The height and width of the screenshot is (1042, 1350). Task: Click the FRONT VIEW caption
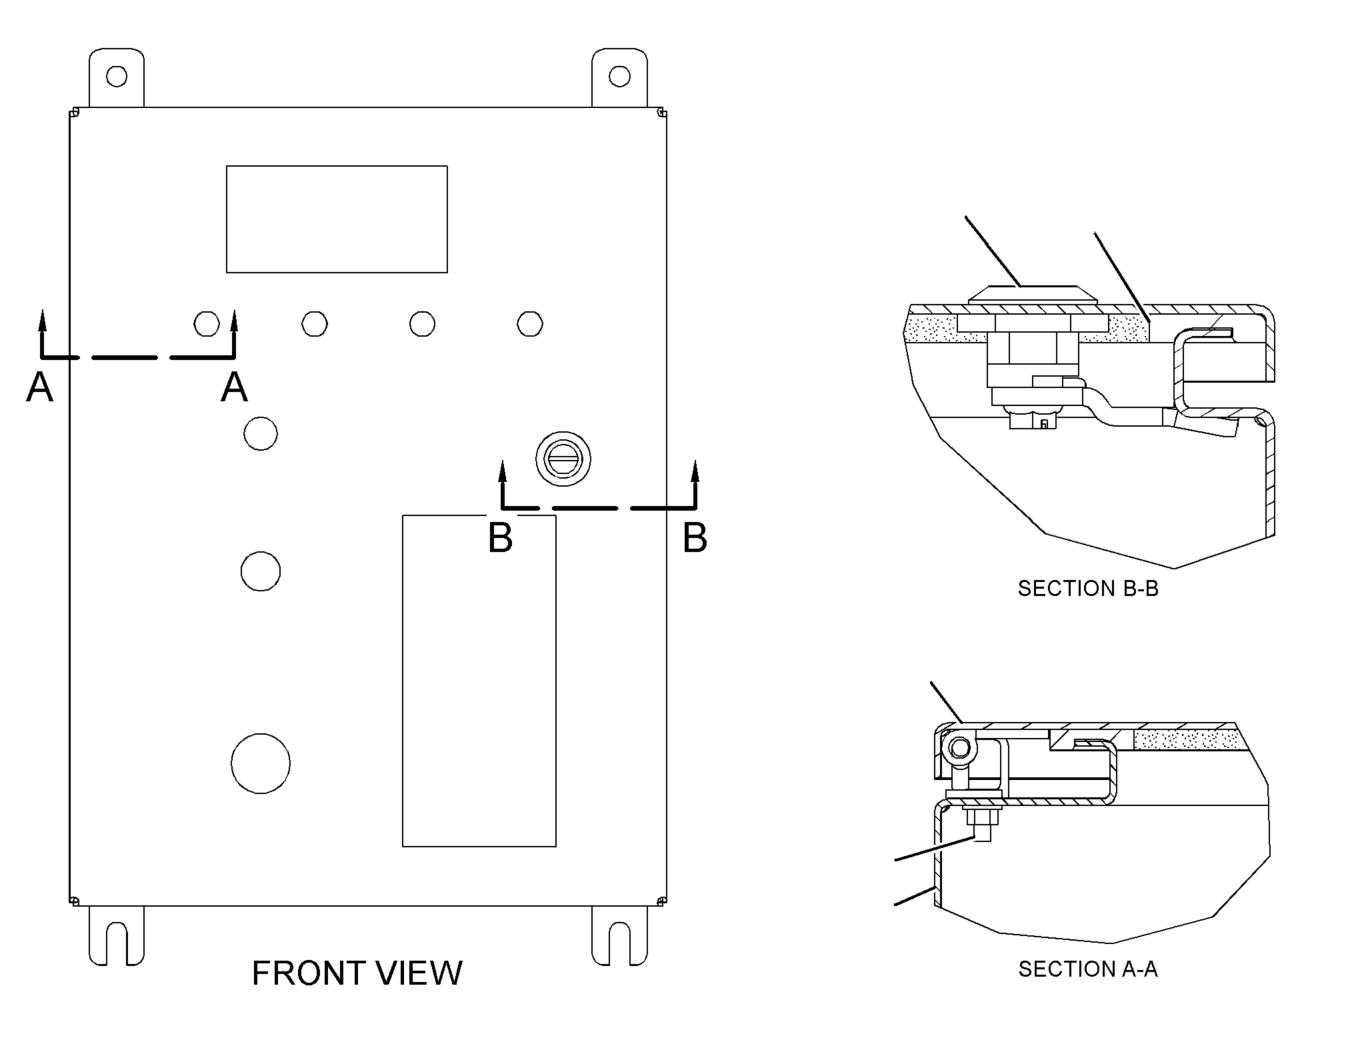pos(357,973)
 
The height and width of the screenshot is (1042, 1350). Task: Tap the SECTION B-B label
pos(1088,589)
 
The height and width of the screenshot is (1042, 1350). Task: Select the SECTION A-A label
pos(1088,969)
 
